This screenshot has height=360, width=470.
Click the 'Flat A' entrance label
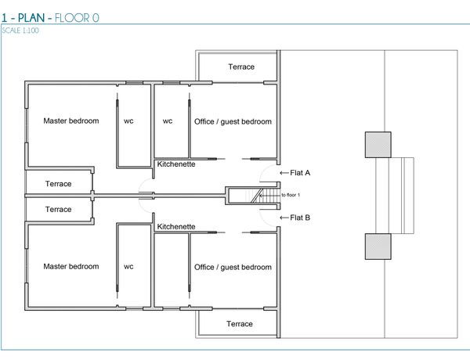coord(300,173)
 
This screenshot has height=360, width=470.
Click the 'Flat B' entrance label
coord(300,218)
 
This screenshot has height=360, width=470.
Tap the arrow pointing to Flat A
coord(284,173)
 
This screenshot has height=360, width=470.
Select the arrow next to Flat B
coord(284,218)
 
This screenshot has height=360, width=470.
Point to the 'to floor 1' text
coord(291,195)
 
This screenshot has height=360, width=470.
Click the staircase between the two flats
coord(254,196)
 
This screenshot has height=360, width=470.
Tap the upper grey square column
coord(378,145)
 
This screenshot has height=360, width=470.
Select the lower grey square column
coord(378,247)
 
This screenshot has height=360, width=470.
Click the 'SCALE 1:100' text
coord(20,31)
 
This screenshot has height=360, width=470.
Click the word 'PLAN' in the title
coord(31,18)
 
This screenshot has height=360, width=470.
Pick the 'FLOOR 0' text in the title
coord(77,18)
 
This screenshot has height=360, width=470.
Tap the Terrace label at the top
coord(241,67)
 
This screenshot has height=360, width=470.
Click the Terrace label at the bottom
coord(240,324)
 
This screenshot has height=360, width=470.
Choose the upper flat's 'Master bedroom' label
coord(71,121)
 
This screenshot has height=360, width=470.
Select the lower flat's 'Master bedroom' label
coord(71,267)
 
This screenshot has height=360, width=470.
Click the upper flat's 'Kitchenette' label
coord(176,164)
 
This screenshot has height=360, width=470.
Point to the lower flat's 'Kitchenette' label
coord(176,227)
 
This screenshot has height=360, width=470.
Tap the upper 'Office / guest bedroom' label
coord(233,121)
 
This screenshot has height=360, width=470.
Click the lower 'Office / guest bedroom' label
coord(233,267)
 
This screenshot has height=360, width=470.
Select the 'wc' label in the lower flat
coord(128,267)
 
